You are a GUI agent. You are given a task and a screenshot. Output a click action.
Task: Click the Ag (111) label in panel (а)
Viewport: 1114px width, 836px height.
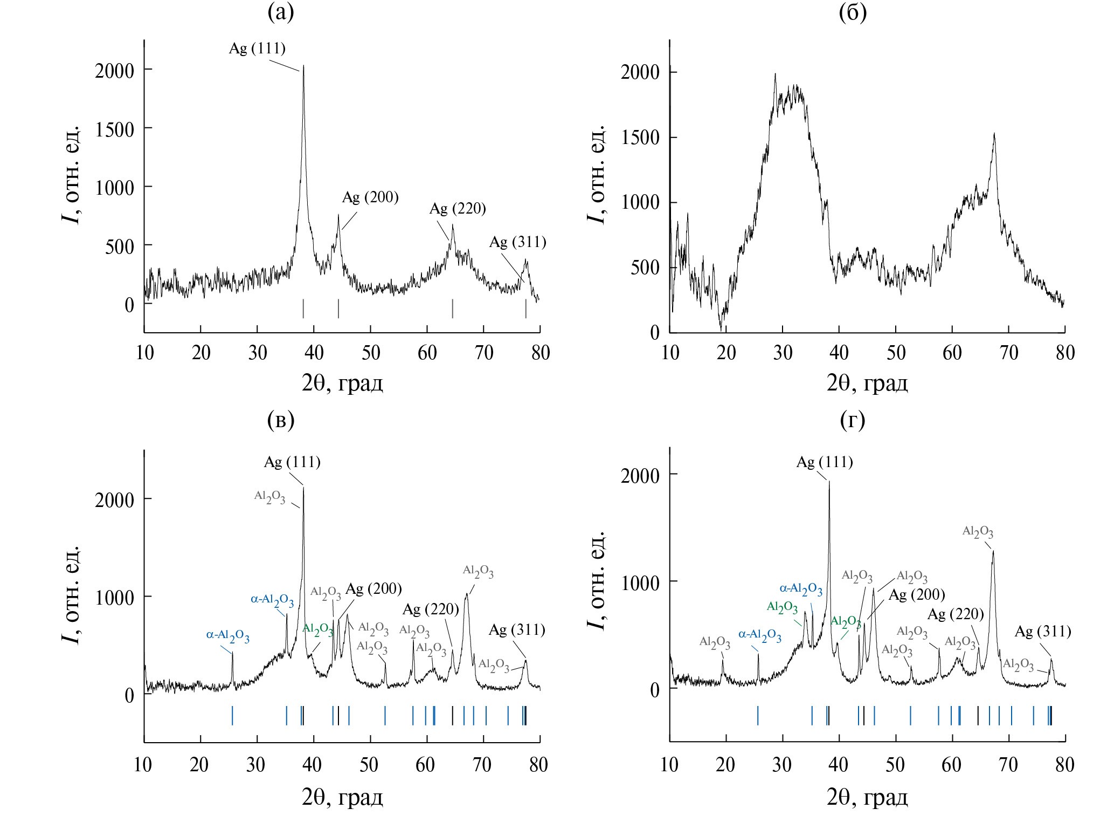click(257, 49)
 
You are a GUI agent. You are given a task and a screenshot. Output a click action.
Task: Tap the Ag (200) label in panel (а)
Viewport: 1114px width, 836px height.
click(370, 197)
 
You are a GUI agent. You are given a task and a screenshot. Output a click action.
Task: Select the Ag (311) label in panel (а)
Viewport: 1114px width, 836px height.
click(517, 242)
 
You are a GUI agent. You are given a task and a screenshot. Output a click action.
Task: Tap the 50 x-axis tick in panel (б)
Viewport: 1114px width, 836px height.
click(896, 353)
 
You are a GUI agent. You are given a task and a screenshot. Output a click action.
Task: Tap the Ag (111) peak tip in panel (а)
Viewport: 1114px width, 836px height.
click(303, 66)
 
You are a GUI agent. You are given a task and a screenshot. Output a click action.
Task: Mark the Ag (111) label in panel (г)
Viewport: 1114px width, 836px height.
click(825, 462)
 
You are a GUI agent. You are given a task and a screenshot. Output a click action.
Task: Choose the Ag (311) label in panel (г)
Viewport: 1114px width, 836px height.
click(1043, 631)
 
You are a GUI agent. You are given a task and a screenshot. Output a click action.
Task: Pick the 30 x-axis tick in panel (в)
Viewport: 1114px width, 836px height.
click(257, 764)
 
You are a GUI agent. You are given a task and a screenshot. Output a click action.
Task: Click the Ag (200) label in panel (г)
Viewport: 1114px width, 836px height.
click(917, 595)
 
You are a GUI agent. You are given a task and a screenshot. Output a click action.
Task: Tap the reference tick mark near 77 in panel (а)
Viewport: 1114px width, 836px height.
click(525, 309)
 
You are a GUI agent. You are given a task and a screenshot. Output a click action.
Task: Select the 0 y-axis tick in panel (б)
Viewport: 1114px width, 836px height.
click(654, 333)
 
